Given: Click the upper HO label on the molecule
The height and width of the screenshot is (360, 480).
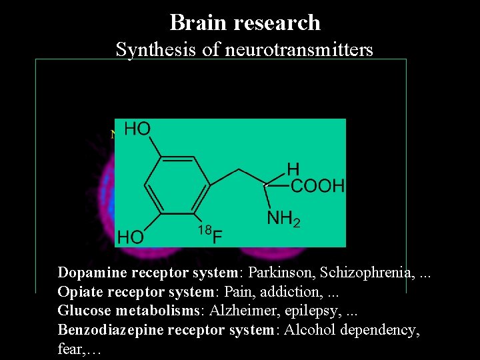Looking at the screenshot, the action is (x=137, y=129).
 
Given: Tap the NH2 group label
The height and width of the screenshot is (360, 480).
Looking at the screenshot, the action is (x=283, y=218).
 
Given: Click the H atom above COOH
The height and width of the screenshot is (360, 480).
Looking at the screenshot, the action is (x=293, y=168).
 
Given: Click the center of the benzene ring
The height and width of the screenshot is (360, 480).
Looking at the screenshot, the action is (x=177, y=185).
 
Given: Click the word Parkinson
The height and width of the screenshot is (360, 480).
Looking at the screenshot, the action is (x=280, y=273).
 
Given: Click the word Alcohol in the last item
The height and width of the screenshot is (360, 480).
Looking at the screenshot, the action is (x=310, y=331).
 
